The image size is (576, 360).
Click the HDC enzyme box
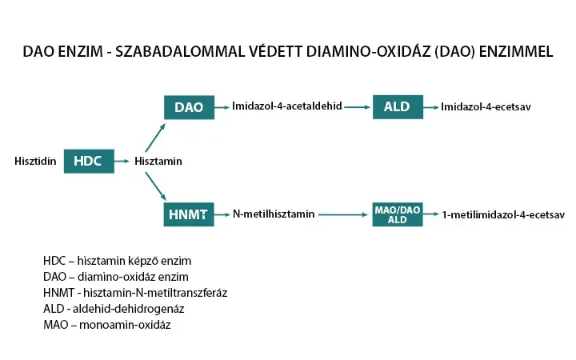[x=88, y=161]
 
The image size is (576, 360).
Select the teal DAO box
[x=189, y=107]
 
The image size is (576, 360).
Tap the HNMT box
[x=189, y=214]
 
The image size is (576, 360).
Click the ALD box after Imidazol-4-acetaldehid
[x=397, y=107]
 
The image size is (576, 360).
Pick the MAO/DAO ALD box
[x=397, y=214]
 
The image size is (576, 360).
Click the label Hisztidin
[x=35, y=162]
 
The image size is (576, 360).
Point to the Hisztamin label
[x=158, y=162]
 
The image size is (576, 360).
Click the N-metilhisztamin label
[x=274, y=214]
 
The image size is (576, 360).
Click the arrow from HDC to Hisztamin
[x=122, y=162]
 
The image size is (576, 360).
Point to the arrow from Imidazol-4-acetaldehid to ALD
[x=358, y=106]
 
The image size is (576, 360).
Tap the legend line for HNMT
[x=135, y=293]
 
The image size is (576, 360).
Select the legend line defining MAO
[x=107, y=325]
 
